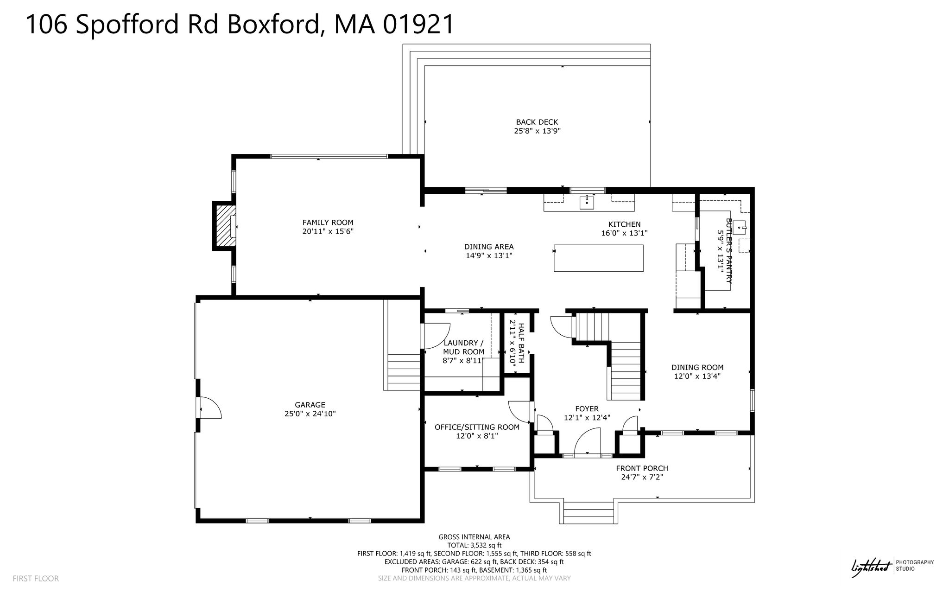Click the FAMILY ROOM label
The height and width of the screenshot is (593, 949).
[328, 223]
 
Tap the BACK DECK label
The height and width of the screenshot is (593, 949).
[537, 122]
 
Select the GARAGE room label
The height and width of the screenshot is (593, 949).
[310, 405]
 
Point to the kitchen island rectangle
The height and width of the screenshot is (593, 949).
[599, 258]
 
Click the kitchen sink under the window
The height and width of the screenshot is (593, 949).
[587, 203]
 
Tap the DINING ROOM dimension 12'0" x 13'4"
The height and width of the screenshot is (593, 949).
[697, 376]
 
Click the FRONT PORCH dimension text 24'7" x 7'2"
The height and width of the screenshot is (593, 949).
[642, 477]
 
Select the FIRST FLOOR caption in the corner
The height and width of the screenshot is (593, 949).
[36, 579]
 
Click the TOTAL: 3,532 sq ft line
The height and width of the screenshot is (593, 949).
[474, 545]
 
